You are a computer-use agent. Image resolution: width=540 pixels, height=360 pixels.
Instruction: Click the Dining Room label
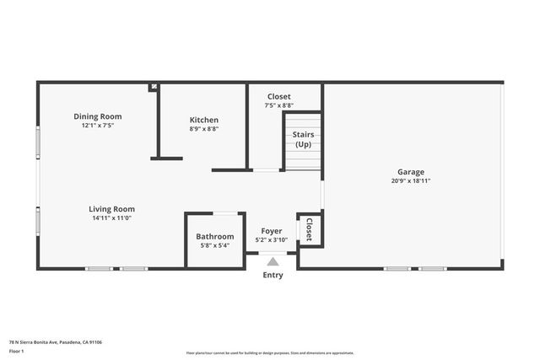tap(97, 116)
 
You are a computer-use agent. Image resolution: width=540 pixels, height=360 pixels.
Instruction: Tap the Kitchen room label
tap(203, 120)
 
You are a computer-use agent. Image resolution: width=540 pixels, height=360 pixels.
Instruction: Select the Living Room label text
tap(111, 209)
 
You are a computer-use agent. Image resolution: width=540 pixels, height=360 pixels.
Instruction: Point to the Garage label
tap(411, 171)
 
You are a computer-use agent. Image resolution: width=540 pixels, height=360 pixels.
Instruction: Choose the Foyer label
tap(272, 230)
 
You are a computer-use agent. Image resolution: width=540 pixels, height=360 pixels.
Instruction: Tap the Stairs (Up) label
tap(303, 139)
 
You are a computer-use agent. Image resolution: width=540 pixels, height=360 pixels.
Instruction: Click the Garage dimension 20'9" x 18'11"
tap(411, 180)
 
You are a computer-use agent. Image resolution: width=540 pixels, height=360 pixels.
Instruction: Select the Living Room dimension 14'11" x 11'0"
tap(111, 218)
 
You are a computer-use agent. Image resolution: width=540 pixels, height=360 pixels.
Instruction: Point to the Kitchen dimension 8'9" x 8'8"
tap(203, 129)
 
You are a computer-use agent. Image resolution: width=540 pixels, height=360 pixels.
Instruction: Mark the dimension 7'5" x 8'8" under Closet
tap(279, 105)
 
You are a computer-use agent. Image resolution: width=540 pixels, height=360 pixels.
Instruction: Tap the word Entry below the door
tap(273, 275)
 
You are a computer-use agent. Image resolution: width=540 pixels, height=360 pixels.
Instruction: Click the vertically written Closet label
tap(309, 229)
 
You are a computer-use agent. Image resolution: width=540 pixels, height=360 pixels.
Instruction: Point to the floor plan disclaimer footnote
tap(270, 353)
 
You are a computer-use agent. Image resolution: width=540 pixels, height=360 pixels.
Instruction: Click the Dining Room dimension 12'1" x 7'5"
tap(97, 126)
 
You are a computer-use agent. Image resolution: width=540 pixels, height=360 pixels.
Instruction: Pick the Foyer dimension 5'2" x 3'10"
tap(272, 239)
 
